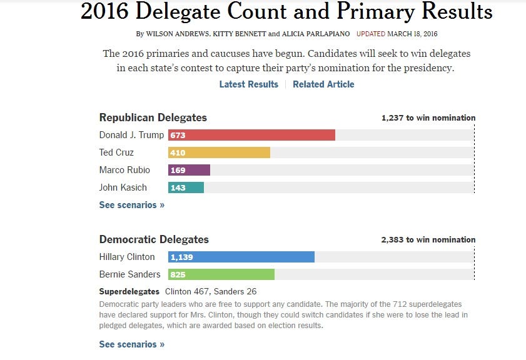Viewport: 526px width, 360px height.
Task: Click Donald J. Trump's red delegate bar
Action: click(251, 135)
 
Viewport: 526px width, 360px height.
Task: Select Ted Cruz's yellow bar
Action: click(219, 152)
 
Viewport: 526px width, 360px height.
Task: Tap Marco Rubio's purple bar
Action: click(189, 170)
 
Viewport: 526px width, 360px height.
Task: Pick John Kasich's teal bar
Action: click(186, 187)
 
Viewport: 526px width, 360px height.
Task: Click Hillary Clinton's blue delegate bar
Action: click(241, 257)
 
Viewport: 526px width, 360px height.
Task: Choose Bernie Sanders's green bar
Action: click(221, 274)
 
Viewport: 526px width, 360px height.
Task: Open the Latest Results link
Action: click(248, 84)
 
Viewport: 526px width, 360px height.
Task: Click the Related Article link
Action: click(323, 84)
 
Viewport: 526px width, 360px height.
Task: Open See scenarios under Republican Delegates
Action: click(131, 205)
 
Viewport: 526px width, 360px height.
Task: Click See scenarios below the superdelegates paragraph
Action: click(131, 344)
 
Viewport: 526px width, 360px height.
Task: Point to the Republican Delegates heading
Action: click(153, 117)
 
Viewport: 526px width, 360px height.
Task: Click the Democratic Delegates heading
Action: click(154, 239)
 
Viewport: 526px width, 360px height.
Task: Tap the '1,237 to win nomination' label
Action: click(428, 117)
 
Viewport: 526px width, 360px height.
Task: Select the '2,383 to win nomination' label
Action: click(428, 239)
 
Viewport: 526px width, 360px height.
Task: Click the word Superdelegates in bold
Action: click(129, 291)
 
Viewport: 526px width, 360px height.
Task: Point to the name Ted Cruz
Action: click(116, 152)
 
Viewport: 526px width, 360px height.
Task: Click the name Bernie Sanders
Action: click(129, 274)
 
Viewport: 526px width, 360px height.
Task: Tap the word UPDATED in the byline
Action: click(370, 33)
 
